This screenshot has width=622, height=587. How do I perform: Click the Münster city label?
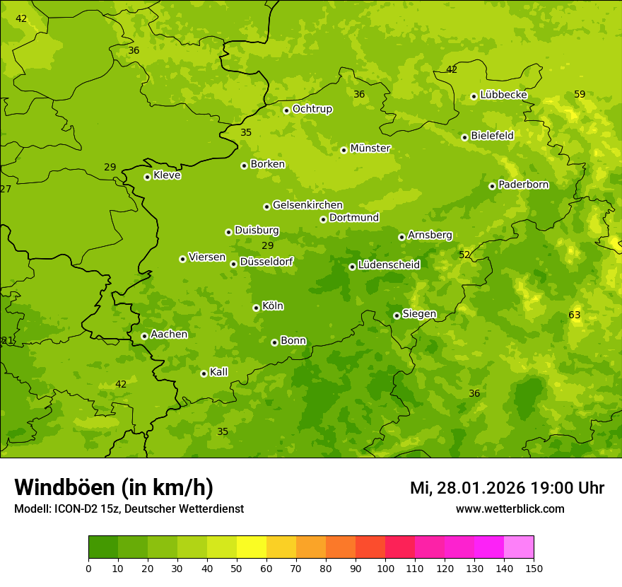click(370, 149)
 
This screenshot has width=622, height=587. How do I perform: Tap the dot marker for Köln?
click(256, 308)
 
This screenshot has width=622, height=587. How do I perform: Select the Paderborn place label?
click(523, 185)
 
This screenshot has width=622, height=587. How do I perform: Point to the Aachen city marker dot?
click(144, 336)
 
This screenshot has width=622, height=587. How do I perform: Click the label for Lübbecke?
click(503, 95)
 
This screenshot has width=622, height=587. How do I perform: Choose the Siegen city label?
click(419, 314)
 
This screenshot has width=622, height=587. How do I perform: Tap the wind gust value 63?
click(574, 315)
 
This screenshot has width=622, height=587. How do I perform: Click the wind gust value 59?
click(580, 94)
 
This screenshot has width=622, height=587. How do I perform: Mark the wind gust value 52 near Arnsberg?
click(464, 255)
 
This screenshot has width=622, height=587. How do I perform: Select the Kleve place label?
click(167, 175)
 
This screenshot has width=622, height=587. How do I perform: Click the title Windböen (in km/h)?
click(113, 487)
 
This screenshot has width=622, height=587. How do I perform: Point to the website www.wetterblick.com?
click(510, 508)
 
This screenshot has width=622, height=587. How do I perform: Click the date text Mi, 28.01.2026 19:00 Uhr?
click(507, 488)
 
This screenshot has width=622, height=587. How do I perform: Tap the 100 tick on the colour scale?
click(385, 568)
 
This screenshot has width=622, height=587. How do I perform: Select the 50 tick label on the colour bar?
click(237, 568)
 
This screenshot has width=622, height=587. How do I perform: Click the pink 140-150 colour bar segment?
click(519, 547)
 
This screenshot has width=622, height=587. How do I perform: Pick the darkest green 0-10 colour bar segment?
click(103, 547)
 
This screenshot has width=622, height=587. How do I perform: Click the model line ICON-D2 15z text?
click(129, 508)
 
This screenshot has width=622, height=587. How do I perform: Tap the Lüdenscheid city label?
click(389, 265)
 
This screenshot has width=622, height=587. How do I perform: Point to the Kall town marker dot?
click(204, 373)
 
